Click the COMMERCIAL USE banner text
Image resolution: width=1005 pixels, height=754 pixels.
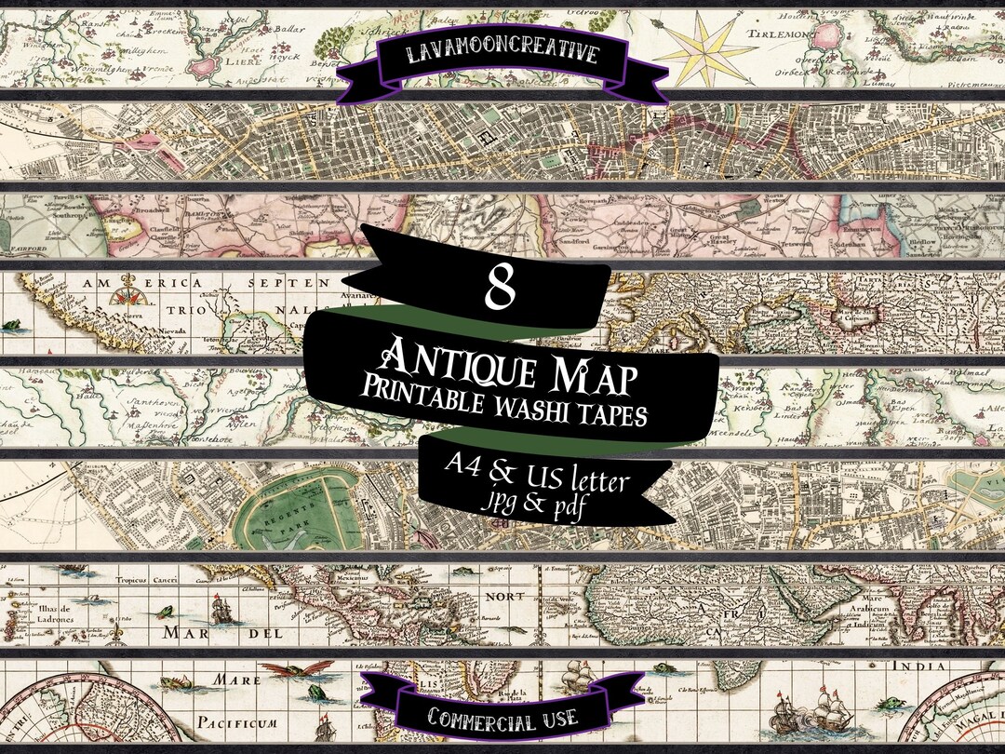coord(503,717)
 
